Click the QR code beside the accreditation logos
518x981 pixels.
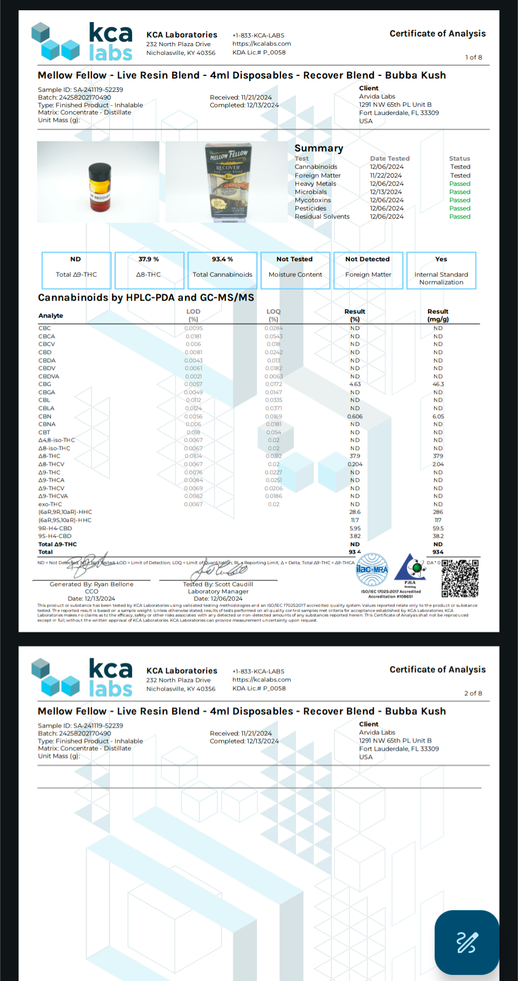460,578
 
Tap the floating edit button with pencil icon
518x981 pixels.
467,942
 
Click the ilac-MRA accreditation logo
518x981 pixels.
372,570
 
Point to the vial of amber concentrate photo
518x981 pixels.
98,182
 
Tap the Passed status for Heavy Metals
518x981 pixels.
459,184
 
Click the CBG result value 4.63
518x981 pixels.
355,384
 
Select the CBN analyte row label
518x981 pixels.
45,417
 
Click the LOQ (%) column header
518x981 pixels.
273,315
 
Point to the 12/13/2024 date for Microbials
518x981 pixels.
386,192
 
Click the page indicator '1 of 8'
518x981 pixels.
473,58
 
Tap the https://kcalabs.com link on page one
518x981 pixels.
262,44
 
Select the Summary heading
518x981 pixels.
319,148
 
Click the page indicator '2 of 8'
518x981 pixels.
473,693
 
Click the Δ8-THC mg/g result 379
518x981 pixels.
438,456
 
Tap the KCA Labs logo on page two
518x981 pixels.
82,678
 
